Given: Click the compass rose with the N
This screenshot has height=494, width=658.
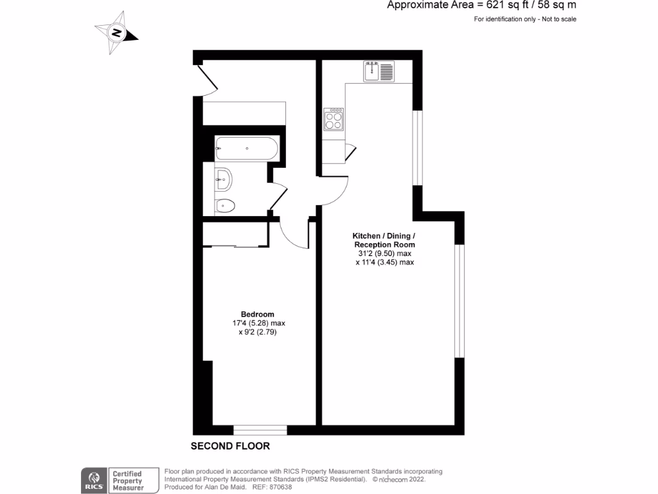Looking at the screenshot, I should pos(116,32).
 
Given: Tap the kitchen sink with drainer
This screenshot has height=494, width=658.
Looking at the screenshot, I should pos(379,71).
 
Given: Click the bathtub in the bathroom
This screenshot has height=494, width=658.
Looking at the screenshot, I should pos(247,149).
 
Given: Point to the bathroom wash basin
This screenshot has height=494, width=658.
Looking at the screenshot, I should pos(222,179).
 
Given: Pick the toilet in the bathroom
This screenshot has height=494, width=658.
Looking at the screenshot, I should pos(224,206).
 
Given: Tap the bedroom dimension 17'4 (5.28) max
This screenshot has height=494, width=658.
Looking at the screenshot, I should pos(258,323).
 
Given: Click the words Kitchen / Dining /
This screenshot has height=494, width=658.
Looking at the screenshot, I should pos(384,235).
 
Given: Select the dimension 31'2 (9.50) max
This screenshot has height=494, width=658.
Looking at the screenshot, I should pos(384,253).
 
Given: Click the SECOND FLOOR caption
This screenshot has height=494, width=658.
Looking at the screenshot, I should pos(230,446).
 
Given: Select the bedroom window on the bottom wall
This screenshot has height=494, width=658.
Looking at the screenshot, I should pos(260,429).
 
